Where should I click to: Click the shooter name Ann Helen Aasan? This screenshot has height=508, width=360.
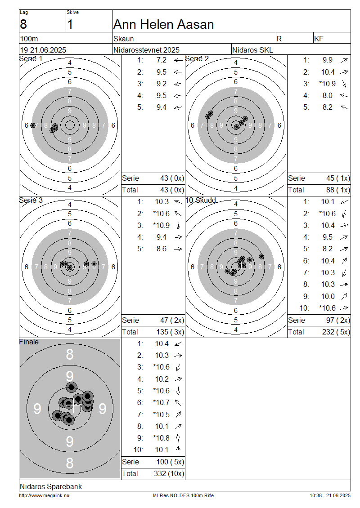(163, 25)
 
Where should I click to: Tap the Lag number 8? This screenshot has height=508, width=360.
(23, 25)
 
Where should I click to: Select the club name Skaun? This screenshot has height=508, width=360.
(124, 39)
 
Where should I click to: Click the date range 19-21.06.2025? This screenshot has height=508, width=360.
(43, 50)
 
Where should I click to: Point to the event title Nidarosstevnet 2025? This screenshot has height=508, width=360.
(146, 50)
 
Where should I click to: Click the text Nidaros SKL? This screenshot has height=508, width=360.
(252, 50)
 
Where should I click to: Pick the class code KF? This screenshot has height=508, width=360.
(319, 39)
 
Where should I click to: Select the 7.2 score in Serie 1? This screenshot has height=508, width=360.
(162, 60)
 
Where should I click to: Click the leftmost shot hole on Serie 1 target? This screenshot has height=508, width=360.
(33, 125)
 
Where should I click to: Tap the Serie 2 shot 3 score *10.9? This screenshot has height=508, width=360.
(327, 84)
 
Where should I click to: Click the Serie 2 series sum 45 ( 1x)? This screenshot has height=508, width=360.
(338, 178)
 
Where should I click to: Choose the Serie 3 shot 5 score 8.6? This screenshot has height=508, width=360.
(162, 249)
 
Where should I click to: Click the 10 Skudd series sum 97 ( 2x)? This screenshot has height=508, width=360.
(338, 321)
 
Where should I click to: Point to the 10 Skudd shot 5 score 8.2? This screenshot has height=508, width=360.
(328, 249)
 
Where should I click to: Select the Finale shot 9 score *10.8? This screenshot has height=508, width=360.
(161, 438)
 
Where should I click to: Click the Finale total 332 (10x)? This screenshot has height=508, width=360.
(169, 474)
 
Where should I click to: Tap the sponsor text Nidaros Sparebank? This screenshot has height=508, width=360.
(51, 486)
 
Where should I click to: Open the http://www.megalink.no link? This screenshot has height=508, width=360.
(44, 496)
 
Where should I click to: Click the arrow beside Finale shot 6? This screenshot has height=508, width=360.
(178, 403)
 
